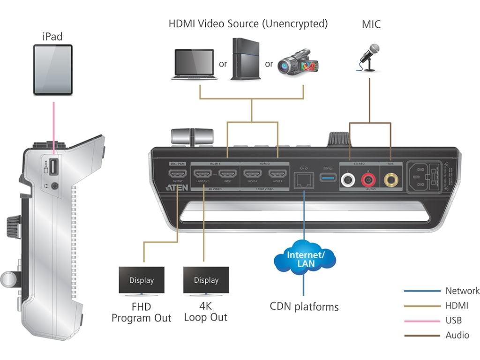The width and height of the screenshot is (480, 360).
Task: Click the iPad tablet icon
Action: (52, 70)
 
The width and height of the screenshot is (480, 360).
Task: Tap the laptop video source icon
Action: (193, 64)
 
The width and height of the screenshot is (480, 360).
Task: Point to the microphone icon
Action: (369, 57)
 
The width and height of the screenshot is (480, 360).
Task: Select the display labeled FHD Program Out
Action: (142, 281)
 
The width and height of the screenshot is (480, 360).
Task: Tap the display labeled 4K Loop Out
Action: (206, 281)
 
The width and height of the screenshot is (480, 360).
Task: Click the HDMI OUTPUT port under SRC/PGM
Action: (178, 174)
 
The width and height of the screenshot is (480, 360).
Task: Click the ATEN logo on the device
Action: (177, 187)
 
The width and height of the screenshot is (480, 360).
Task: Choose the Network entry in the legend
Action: (462, 291)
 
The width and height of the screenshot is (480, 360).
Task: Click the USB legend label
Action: (453, 321)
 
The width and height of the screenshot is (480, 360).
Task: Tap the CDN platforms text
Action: (304, 307)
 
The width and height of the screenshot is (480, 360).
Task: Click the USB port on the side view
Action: (53, 166)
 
